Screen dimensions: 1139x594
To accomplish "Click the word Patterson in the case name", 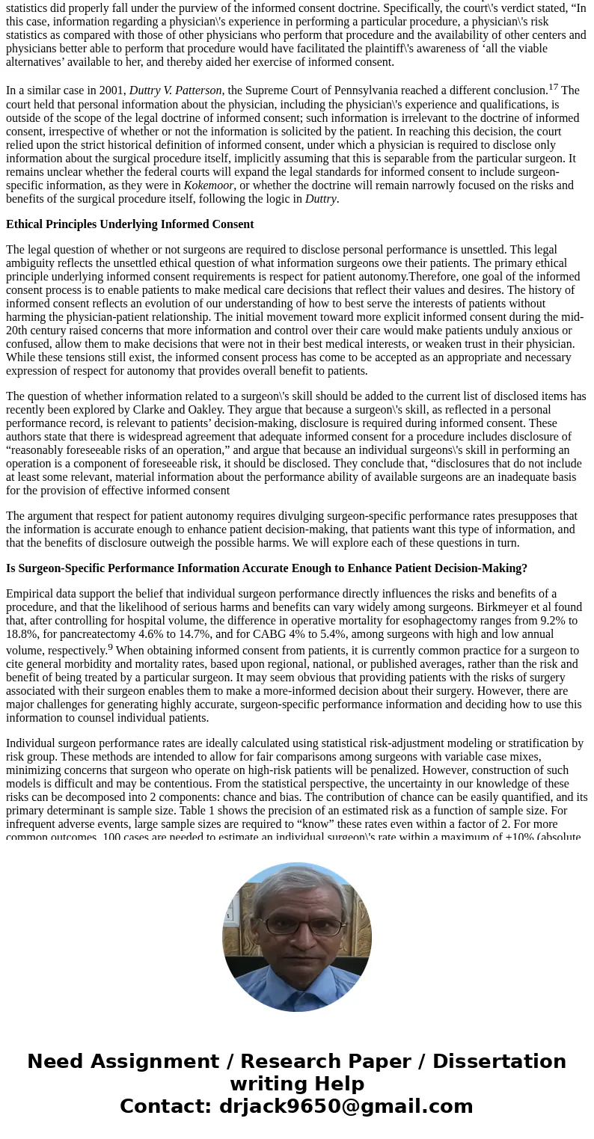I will [x=198, y=90].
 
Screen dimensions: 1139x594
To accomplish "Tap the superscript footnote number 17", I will [x=553, y=87].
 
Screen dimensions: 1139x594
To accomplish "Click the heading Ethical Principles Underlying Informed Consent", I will [x=130, y=224].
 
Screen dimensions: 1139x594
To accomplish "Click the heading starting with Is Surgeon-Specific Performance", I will [x=266, y=568].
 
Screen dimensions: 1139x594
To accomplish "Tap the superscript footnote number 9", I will [x=110, y=647].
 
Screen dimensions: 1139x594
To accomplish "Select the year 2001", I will [x=111, y=90].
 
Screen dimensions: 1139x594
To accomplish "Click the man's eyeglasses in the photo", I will [x=297, y=927].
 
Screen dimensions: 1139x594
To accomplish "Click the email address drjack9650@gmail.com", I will [x=346, y=1107].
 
